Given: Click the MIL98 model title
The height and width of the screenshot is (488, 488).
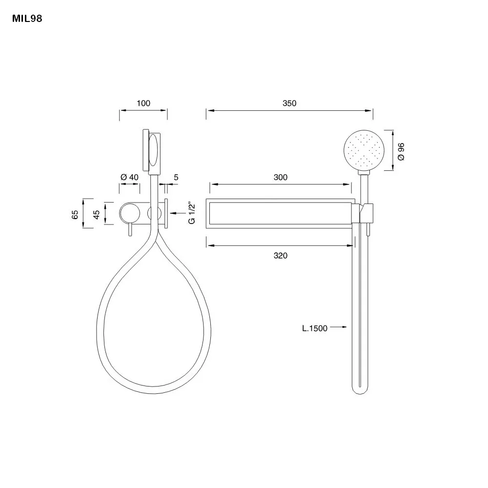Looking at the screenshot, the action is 27,19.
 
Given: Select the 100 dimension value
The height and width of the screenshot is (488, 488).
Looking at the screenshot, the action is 143,103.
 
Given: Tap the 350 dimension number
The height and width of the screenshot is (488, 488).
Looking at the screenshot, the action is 289,103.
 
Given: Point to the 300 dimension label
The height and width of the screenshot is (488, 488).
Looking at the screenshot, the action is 281,178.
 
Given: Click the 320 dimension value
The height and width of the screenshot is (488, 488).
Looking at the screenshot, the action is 281,256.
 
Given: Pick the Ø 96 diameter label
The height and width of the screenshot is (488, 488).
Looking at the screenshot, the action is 401,152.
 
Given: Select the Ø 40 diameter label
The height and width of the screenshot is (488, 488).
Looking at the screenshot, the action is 129,178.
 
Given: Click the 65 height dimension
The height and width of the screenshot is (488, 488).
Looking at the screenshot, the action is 75,215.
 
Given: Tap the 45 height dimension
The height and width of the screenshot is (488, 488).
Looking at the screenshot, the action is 97,215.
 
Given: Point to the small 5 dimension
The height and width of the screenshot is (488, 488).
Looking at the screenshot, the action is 176,178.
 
